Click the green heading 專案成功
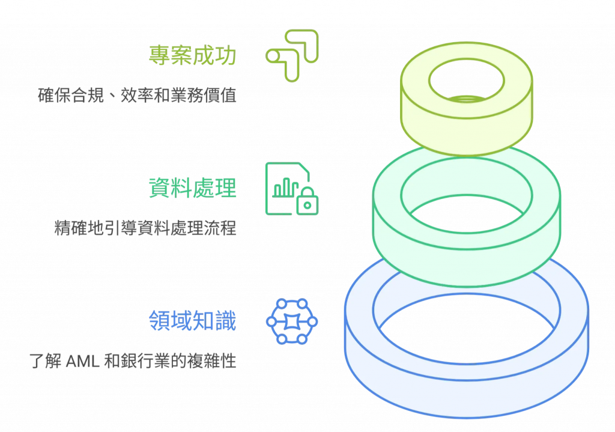193,56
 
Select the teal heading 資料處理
193,189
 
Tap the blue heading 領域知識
193,322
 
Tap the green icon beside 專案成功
292,55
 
